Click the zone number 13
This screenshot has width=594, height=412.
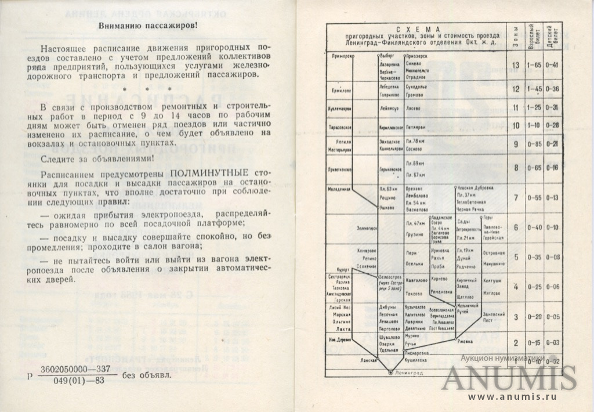coord(515,64)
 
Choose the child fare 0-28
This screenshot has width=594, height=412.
coord(552,125)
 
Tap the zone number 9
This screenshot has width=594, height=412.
coord(515,144)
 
